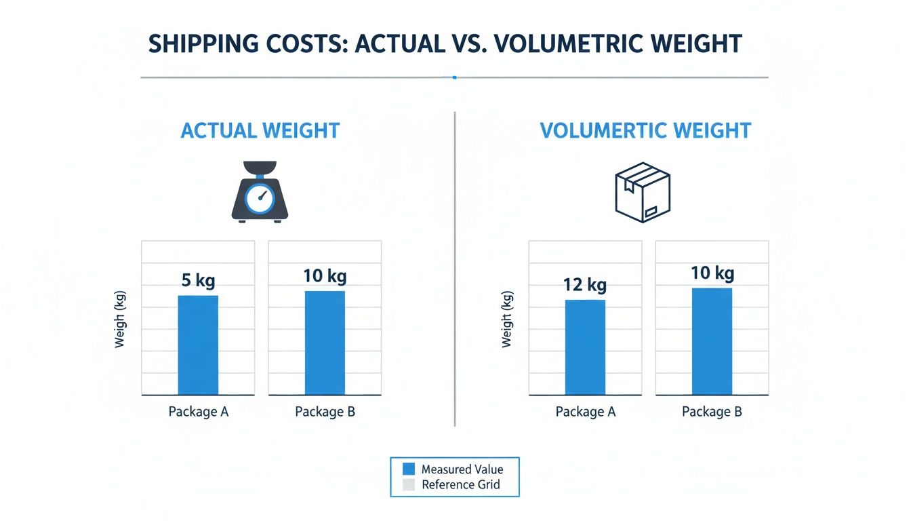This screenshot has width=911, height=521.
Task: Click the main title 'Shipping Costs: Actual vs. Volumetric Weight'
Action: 445,44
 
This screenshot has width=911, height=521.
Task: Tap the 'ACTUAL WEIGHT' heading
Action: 260,130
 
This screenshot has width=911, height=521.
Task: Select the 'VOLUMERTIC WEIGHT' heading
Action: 645,130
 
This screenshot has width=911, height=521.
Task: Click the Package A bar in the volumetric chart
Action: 585,347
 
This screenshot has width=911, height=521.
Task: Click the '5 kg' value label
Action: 198,281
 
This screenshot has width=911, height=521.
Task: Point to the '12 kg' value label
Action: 585,285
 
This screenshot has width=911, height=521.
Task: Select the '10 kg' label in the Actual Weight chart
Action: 325,276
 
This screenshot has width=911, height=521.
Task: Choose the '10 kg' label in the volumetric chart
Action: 712,273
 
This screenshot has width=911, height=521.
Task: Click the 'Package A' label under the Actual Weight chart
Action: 198,412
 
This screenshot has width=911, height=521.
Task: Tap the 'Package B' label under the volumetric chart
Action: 712,412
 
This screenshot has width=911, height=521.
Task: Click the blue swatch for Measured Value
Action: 408,469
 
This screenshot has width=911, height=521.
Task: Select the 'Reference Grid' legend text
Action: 460,484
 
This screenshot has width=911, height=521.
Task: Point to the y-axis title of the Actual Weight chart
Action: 120,317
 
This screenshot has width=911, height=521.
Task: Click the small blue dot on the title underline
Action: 454,77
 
